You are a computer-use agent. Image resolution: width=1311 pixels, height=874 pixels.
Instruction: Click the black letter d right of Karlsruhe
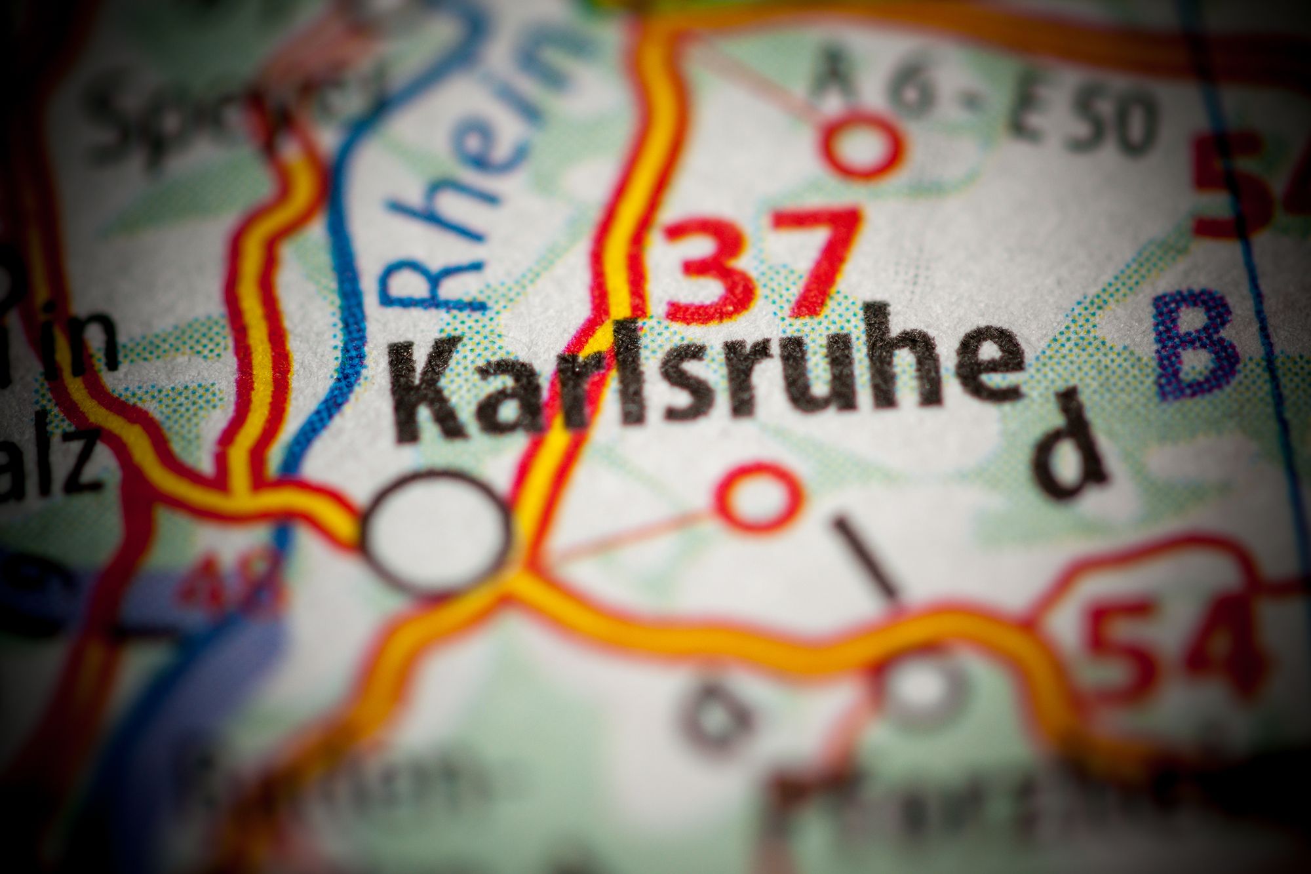[1068, 446]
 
